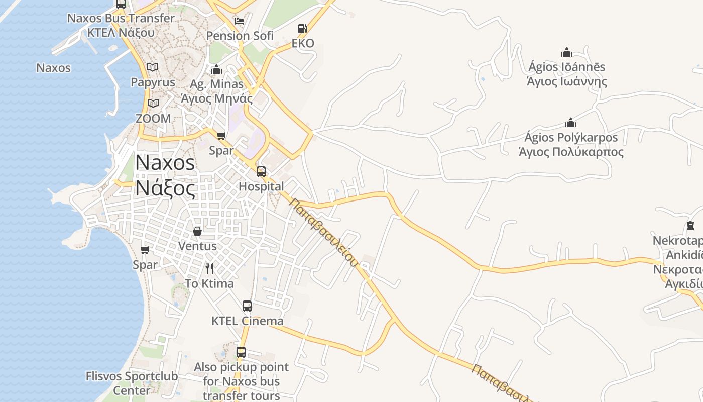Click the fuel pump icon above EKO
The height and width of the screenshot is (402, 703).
(x=302, y=29)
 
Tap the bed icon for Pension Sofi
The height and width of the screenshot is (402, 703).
(x=240, y=21)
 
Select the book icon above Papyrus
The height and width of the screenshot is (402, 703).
(x=153, y=67)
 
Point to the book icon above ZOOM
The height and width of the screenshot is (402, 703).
(x=153, y=103)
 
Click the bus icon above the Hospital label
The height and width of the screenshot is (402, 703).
(x=261, y=172)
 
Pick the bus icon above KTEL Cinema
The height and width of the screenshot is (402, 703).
(x=247, y=306)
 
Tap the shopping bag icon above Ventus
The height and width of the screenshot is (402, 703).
(x=197, y=231)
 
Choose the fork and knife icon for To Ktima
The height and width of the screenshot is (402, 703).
(x=209, y=269)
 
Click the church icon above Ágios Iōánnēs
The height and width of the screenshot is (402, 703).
(x=567, y=52)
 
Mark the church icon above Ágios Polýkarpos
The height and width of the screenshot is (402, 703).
(x=571, y=123)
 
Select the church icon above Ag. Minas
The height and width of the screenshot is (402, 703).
(x=217, y=69)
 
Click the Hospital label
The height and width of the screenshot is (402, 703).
(x=261, y=186)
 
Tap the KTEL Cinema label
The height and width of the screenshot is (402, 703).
(x=247, y=321)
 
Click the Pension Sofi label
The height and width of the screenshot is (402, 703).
(x=240, y=36)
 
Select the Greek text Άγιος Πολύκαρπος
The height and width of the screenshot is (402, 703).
(x=571, y=152)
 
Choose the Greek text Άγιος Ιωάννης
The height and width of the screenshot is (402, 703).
(x=567, y=81)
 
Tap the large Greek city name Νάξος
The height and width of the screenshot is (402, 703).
(x=165, y=188)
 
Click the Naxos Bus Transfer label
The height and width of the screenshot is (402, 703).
(x=121, y=18)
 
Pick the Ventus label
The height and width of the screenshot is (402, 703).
(x=197, y=246)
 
